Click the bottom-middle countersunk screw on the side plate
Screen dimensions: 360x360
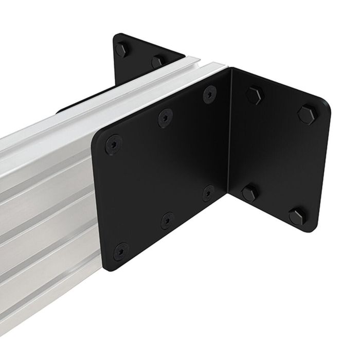(x=166, y=220)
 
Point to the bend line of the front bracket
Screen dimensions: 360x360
(x=230, y=134)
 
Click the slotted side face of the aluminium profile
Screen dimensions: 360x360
(x=46, y=206)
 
